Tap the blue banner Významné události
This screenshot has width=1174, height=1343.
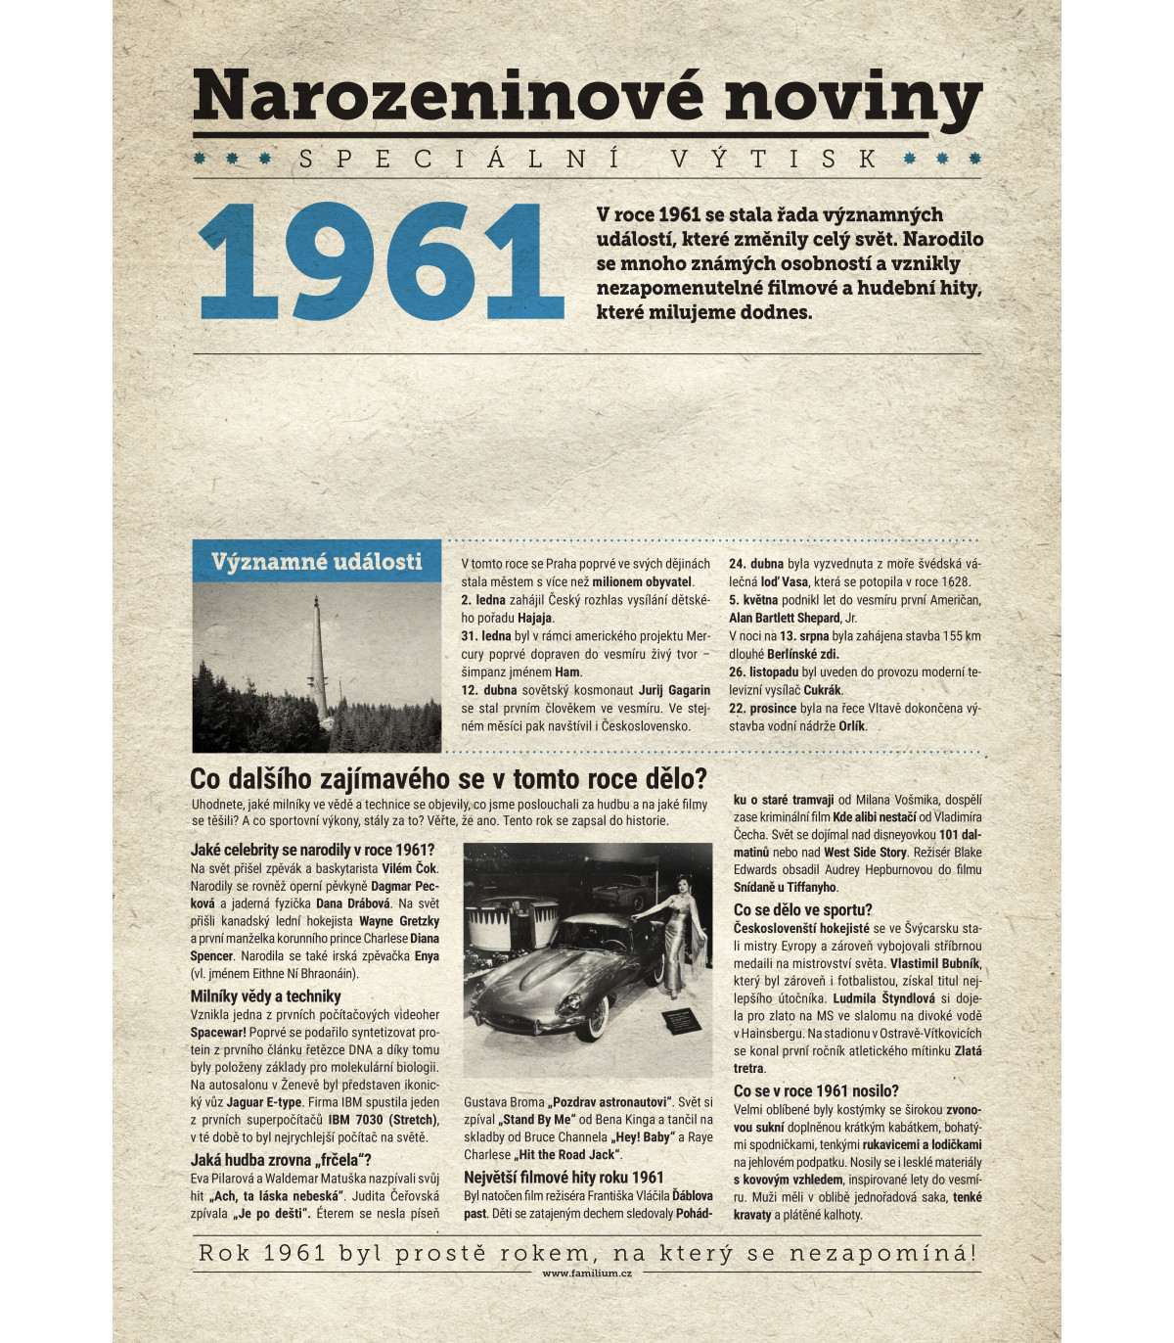pos(316,561)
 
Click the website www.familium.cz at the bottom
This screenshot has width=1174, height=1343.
pos(587,1273)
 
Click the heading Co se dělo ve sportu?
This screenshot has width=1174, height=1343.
pos(802,909)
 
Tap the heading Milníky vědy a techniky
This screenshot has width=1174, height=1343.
pos(265,996)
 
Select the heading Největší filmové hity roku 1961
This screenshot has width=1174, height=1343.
pos(564,1178)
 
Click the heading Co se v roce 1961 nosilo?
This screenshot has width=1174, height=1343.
pos(816,1090)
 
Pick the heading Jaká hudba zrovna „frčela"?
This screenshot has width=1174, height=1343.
pos(281,1160)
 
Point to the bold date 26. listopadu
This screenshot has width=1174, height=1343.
pos(764,672)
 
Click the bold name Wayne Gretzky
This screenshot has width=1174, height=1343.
pos(399,921)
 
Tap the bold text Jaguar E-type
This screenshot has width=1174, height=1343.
pos(263,1102)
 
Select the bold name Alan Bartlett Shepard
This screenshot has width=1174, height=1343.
pos(785,618)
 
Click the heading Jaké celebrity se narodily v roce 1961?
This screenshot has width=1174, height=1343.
pos(312,850)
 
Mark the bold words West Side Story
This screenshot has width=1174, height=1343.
pos(866,853)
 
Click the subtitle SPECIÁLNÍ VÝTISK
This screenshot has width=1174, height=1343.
pos(587,159)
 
